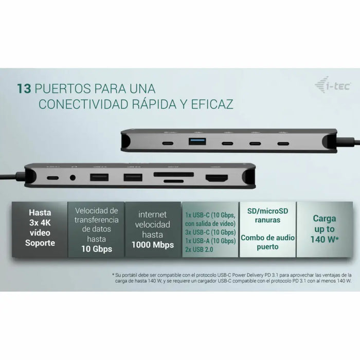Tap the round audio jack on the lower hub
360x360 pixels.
[75, 178]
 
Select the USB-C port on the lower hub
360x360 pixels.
[52, 178]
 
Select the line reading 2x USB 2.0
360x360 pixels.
[199, 249]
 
